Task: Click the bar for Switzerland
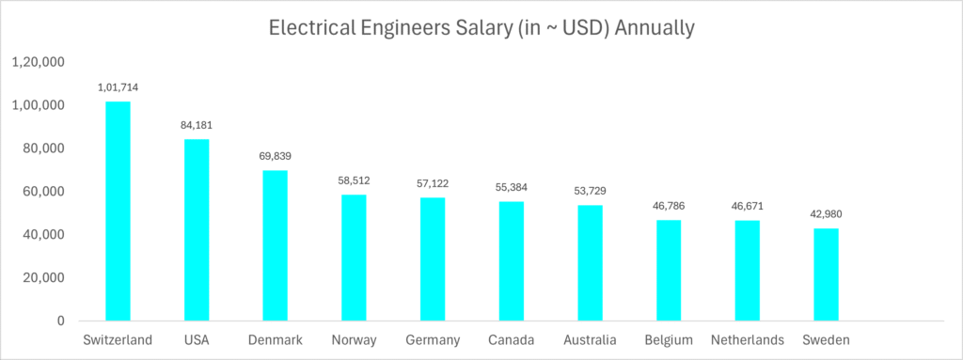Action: coord(118,211)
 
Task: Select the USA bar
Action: coord(197,229)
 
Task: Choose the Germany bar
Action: coord(433,258)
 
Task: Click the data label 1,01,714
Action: coord(118,87)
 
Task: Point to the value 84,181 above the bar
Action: coord(197,125)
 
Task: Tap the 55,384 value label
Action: coord(511,187)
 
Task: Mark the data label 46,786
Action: coord(669,206)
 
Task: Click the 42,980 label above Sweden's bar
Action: coord(826,214)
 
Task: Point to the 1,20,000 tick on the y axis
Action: coord(38,62)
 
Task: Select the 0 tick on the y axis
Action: coord(60,321)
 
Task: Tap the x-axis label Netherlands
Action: coord(747,339)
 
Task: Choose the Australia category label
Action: coord(590,339)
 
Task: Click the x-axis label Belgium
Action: coord(669,339)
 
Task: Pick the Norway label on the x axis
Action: coord(354,339)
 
